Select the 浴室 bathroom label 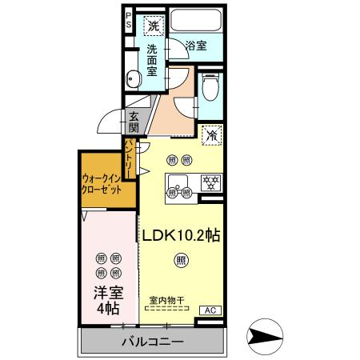pyautogui.click(x=196, y=46)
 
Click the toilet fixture pyautogui.click(x=210, y=87)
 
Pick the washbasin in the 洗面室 pyautogui.click(x=134, y=78)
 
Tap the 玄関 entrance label pyautogui.click(x=134, y=122)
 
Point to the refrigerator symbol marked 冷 pyautogui.click(x=212, y=135)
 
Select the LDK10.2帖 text pyautogui.click(x=182, y=237)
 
